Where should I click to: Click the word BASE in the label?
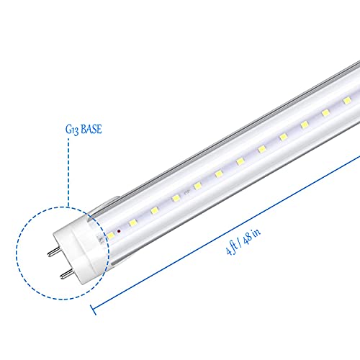click(x=91, y=129)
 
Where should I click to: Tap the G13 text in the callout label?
click(x=72, y=130)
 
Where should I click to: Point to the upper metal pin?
click(x=54, y=252)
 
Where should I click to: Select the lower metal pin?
click(x=66, y=274)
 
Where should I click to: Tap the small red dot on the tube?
click(x=119, y=231)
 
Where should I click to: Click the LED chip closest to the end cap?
click(x=111, y=235)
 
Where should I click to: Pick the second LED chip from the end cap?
click(x=132, y=223)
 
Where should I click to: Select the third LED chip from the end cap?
click(x=154, y=211)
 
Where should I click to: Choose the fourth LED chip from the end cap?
click(x=176, y=198)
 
